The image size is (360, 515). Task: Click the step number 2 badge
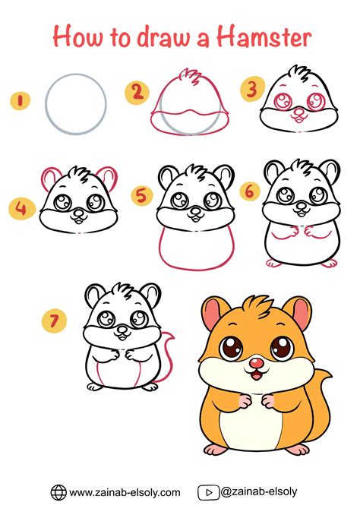pos(137,93)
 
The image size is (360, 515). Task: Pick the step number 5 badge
pos(141,197)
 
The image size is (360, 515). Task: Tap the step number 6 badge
pos(248,191)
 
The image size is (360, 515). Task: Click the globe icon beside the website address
pos(58,492)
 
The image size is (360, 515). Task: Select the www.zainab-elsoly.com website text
pos(125,492)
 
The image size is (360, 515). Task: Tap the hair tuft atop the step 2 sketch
pos(185,79)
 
